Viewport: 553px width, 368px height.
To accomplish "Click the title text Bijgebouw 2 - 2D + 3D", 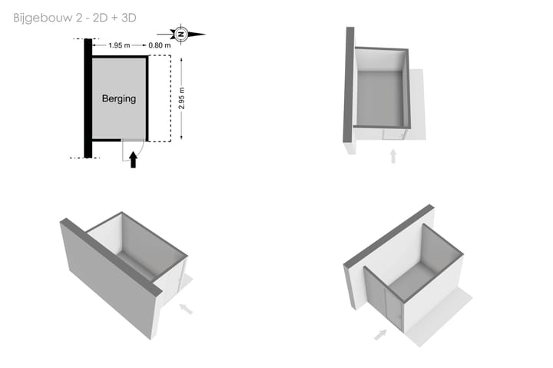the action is [75, 18].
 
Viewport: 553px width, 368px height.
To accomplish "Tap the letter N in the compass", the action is [181, 35].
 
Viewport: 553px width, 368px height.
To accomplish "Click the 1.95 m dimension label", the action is [119, 45].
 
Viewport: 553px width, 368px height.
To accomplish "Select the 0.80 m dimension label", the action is [160, 45].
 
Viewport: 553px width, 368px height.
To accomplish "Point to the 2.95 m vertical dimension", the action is [181, 98].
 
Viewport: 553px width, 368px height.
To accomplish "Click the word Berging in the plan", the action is [119, 98].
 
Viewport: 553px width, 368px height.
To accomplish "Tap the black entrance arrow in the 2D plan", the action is [133, 160].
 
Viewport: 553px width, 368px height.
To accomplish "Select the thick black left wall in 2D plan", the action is [88, 98].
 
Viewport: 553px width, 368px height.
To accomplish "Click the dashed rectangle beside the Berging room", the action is [171, 98].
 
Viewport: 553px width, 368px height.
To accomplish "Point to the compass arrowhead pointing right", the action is [197, 35].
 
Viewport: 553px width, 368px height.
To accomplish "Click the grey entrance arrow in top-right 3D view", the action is [393, 156].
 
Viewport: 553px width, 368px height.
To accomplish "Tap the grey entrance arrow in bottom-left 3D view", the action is [186, 309].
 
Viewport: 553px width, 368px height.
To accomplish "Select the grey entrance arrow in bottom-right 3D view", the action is [380, 334].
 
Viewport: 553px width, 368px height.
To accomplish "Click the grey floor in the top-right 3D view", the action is [380, 98].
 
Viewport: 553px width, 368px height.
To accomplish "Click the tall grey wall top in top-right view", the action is [349, 85].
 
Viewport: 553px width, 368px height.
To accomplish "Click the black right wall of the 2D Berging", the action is [147, 98].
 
